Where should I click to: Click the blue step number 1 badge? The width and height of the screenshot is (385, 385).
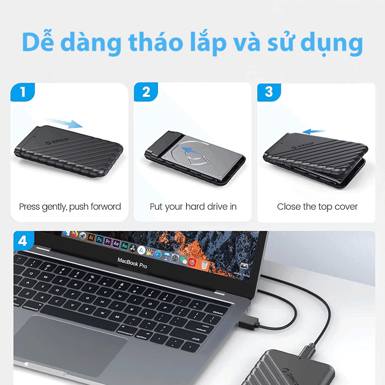(x=22, y=92)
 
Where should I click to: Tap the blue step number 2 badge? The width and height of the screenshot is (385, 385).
(x=146, y=92)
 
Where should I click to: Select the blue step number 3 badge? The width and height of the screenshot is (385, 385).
(x=269, y=92)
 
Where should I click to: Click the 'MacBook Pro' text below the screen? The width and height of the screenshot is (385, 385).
(x=132, y=263)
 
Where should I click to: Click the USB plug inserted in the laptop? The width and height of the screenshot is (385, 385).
(x=250, y=323)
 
